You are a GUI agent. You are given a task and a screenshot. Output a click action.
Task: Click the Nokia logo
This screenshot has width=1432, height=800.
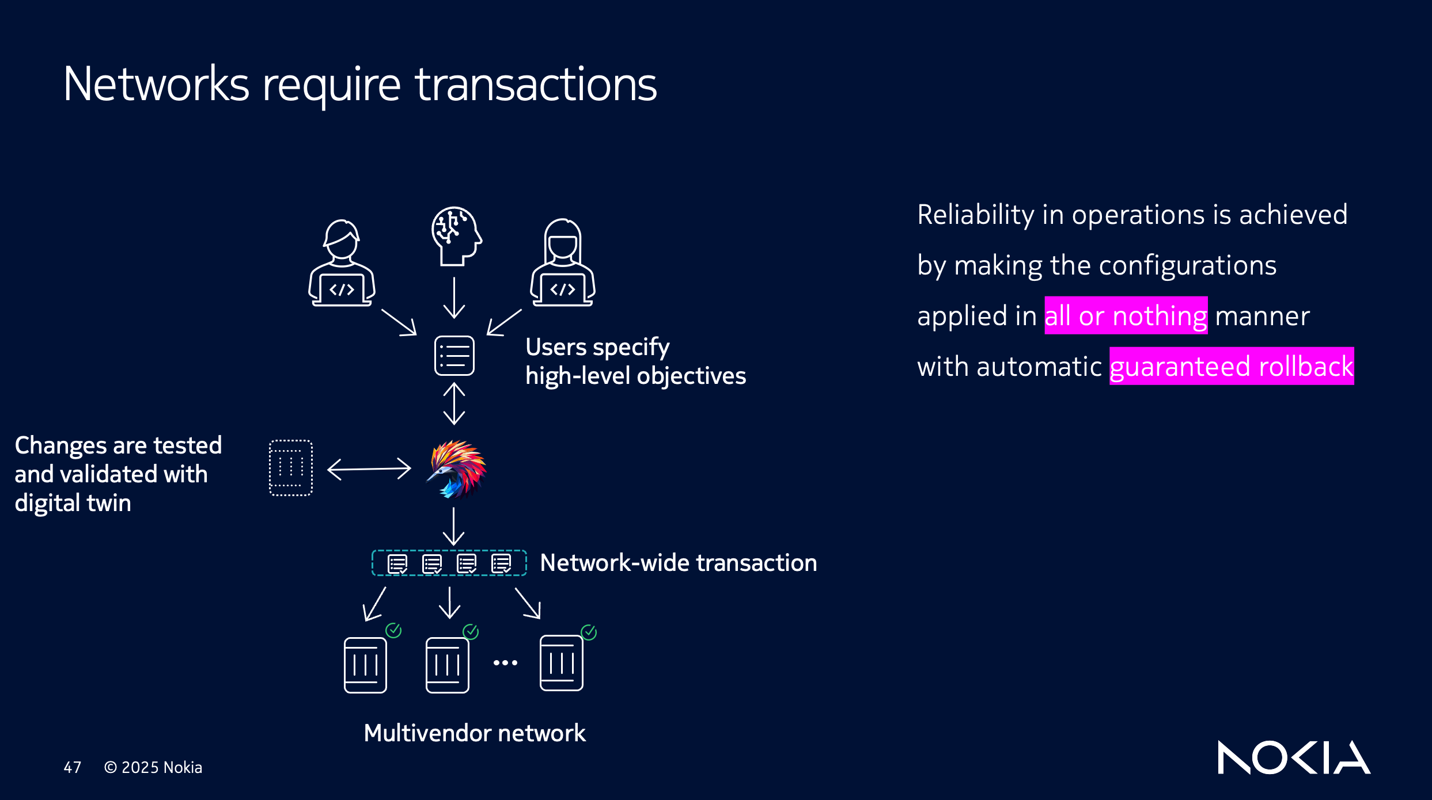click(1293, 757)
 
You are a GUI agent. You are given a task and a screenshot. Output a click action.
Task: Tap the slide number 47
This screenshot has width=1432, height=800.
click(73, 767)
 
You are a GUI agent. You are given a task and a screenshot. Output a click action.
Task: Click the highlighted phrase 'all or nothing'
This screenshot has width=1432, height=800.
click(1126, 316)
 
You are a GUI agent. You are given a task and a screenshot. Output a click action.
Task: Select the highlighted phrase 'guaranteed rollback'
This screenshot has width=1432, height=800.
click(1231, 367)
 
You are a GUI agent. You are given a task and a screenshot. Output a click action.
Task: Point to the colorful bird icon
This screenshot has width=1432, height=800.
click(456, 469)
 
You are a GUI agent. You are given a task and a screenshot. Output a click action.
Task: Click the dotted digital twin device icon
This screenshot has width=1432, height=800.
click(291, 468)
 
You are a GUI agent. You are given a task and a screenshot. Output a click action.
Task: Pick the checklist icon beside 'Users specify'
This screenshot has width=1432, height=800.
click(454, 356)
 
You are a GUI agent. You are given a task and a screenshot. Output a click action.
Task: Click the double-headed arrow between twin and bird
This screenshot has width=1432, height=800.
click(369, 469)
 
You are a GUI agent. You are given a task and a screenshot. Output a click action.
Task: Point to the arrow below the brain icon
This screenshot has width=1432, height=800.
click(454, 298)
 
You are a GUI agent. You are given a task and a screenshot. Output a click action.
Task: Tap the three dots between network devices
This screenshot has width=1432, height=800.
click(505, 663)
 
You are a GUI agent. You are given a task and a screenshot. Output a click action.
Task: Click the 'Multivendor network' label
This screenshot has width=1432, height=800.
click(475, 733)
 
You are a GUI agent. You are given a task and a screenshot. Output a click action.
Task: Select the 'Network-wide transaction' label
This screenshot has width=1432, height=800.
click(679, 563)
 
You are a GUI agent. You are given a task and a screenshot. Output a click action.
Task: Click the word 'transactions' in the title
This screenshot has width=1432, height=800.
click(536, 85)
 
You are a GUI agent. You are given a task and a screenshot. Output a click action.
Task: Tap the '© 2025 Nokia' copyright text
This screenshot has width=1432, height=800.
click(153, 767)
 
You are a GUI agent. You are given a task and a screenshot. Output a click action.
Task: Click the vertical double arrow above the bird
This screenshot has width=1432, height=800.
click(454, 403)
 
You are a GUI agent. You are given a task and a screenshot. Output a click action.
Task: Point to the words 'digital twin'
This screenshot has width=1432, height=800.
click(73, 503)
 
